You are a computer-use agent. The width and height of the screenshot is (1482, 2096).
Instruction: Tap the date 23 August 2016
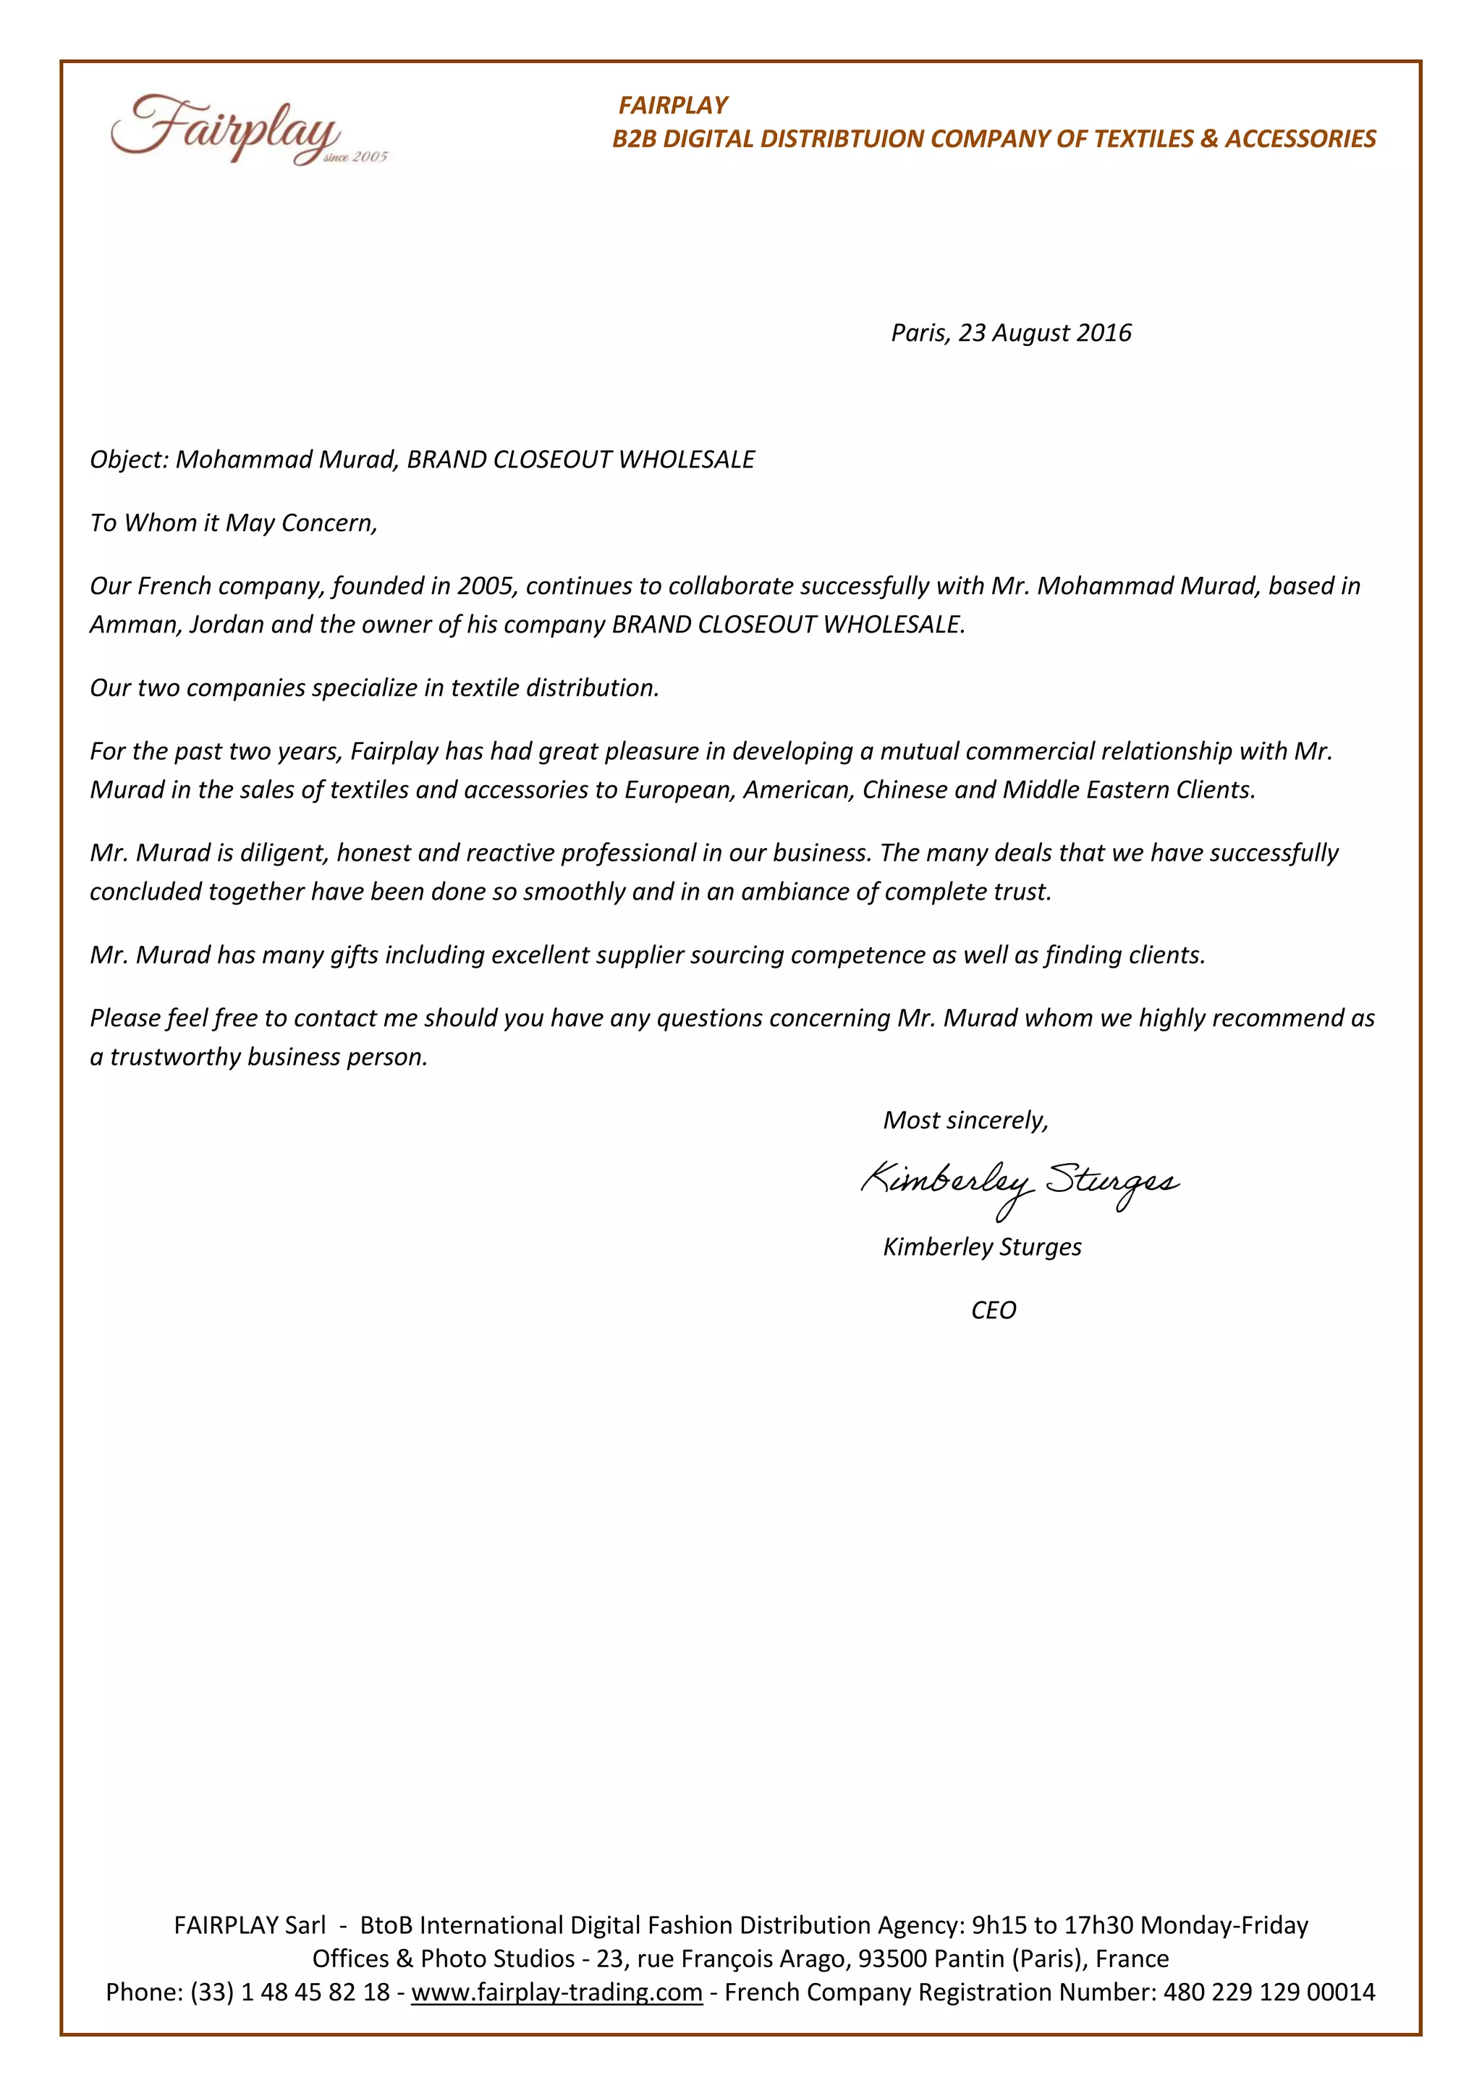(1044, 333)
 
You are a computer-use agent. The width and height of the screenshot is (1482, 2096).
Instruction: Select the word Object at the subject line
(126, 460)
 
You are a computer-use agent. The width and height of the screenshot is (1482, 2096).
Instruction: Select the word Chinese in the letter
(903, 790)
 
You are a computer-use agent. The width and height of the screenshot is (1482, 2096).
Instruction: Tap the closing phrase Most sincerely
(965, 1121)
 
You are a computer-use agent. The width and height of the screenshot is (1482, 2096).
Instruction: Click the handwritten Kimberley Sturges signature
(1020, 1184)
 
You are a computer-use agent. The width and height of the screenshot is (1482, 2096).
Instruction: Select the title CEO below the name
(993, 1311)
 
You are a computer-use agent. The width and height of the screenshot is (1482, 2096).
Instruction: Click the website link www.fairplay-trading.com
(556, 1993)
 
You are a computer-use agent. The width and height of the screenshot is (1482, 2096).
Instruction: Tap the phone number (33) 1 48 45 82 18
(290, 1993)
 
